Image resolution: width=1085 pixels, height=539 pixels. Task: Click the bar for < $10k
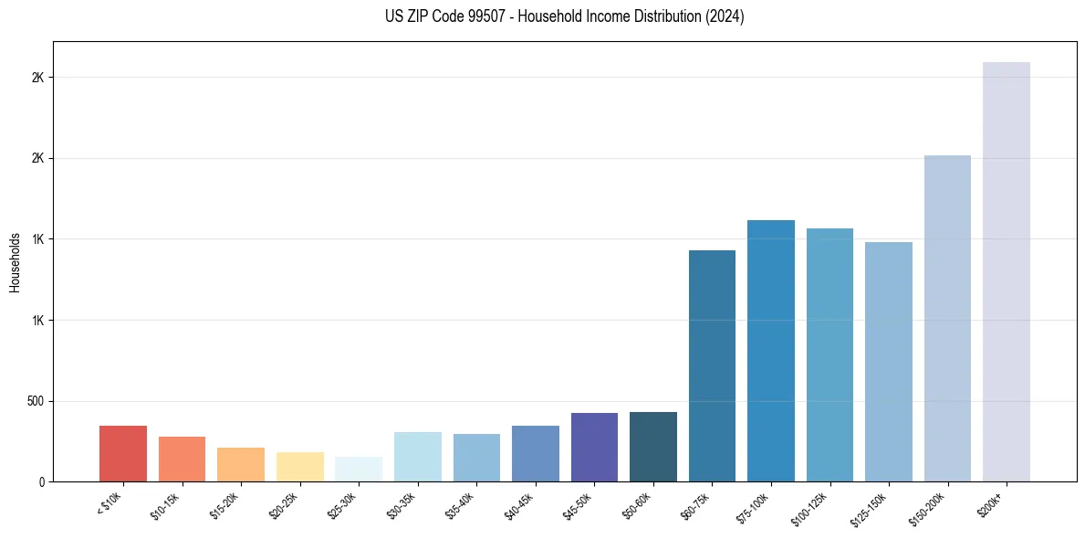[123, 454]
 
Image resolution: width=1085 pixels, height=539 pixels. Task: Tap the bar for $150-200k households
[947, 319]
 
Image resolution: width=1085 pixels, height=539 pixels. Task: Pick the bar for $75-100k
[771, 351]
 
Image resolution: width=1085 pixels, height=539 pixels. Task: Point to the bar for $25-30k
[359, 470]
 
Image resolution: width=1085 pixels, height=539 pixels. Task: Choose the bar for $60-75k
[712, 366]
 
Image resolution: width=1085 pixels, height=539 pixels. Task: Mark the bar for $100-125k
[829, 355]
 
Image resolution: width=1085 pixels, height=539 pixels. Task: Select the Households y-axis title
[15, 261]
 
